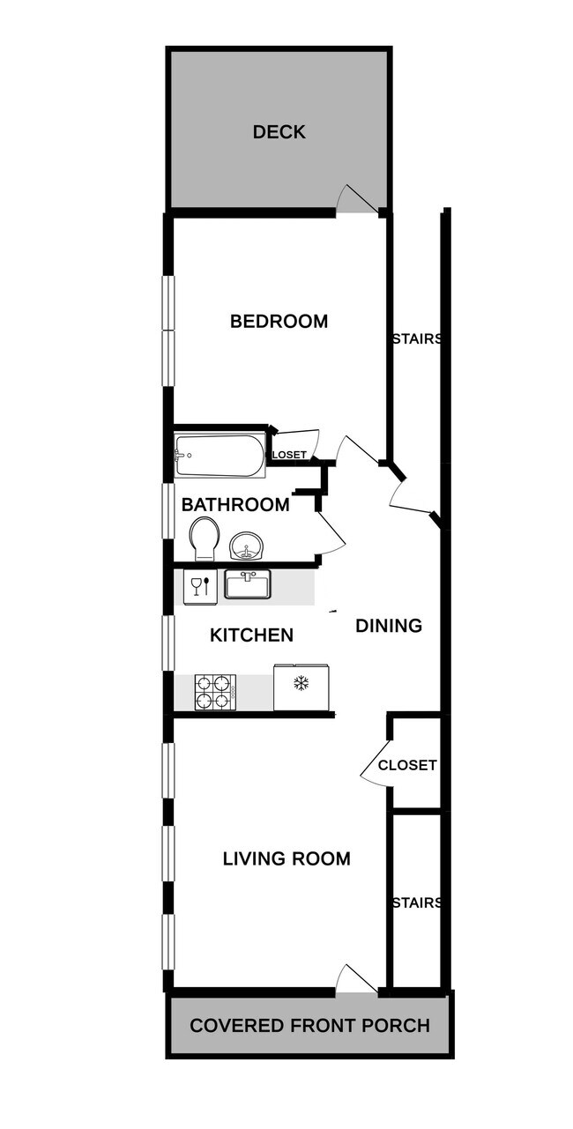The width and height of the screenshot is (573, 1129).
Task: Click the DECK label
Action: click(x=279, y=132)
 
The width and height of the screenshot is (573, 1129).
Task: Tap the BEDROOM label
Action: click(x=279, y=321)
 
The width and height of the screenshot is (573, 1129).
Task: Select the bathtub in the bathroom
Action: click(x=220, y=456)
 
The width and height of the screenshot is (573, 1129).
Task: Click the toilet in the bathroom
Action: click(x=205, y=538)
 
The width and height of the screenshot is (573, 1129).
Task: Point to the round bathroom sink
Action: click(x=248, y=546)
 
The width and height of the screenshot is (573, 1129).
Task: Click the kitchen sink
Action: click(x=248, y=583)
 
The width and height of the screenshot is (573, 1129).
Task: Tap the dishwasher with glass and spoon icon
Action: click(x=200, y=587)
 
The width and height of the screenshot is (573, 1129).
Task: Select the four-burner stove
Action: click(x=215, y=692)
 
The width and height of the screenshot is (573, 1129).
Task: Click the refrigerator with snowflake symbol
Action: click(x=301, y=687)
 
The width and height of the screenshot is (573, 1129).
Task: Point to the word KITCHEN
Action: click(x=251, y=635)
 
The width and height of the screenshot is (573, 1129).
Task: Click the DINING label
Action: click(x=389, y=626)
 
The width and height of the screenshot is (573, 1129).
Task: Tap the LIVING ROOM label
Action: click(x=286, y=858)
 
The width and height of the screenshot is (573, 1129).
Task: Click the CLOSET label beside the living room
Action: click(x=406, y=765)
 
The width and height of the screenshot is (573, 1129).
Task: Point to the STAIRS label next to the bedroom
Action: click(x=417, y=338)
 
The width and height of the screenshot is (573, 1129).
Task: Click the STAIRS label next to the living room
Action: click(x=417, y=902)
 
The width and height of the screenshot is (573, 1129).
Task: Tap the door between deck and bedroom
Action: click(x=358, y=201)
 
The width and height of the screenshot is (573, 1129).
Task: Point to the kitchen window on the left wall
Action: click(x=167, y=642)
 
